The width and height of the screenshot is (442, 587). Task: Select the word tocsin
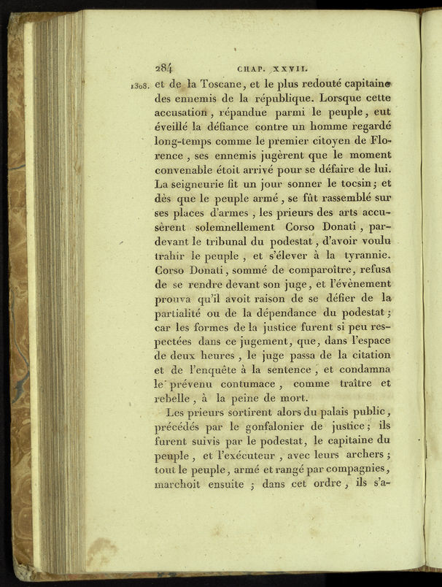tap(354, 185)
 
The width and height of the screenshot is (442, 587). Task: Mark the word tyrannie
tap(362, 261)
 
